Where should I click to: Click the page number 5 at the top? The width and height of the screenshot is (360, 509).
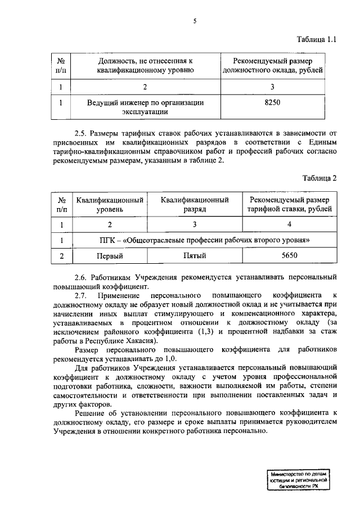(195, 21)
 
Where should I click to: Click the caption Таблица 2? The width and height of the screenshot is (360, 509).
(319, 178)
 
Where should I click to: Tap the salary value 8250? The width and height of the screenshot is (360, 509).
(272, 103)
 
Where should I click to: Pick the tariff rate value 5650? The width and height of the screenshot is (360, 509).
(289, 256)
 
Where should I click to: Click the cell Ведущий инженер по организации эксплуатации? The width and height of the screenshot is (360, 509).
(146, 107)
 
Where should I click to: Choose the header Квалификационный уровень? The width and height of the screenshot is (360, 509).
(110, 204)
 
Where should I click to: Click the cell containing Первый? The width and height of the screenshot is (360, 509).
(110, 256)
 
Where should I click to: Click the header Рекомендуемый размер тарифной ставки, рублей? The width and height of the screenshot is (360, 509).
(289, 204)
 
